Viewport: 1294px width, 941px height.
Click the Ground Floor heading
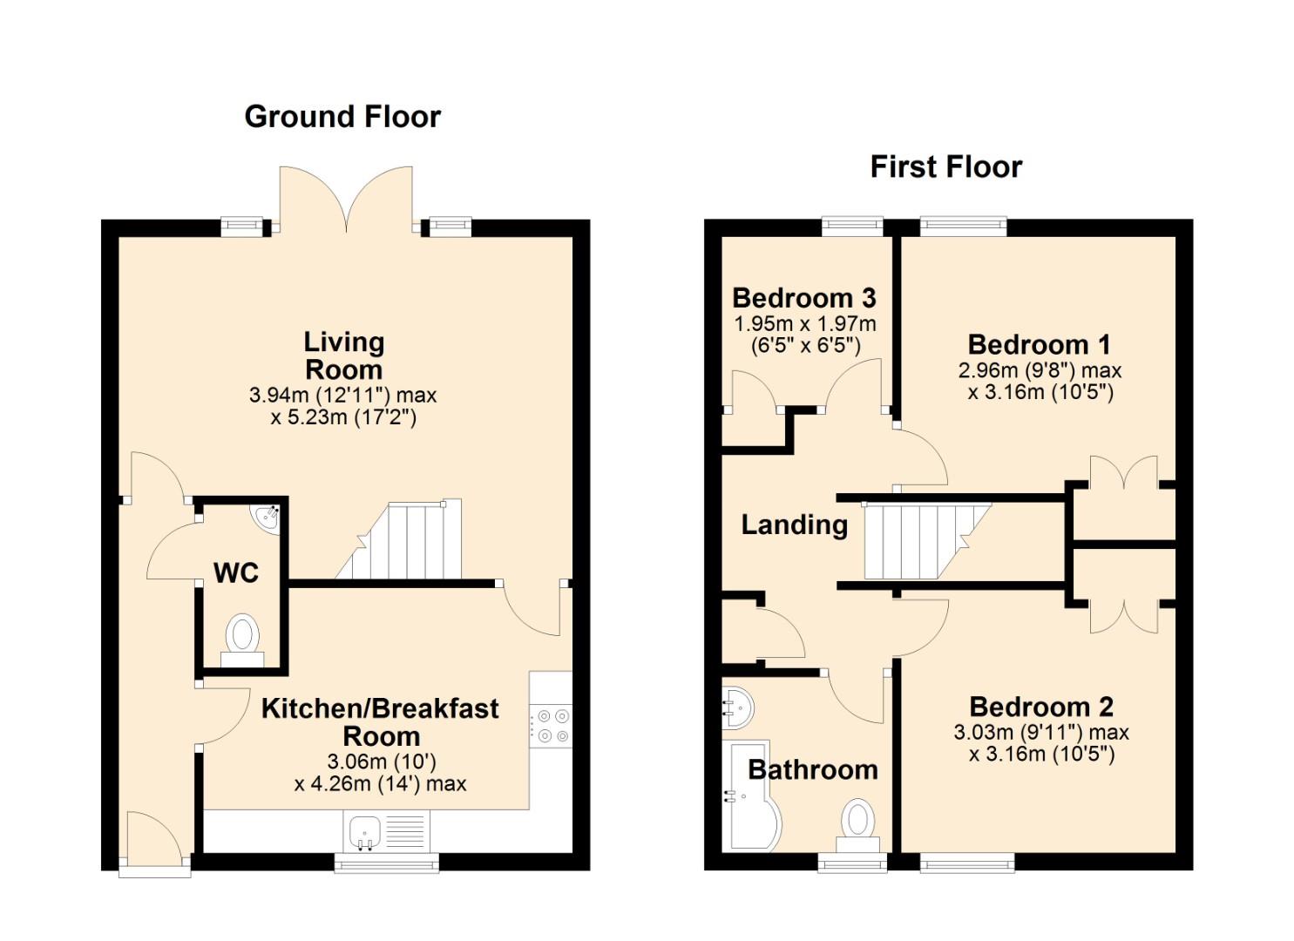coord(342,117)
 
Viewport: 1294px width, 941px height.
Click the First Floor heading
coord(946,167)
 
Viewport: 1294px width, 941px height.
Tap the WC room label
coord(236,573)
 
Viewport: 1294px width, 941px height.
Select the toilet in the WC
coord(242,641)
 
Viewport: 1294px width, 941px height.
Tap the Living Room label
coord(343,355)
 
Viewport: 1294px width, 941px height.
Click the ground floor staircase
coord(404,540)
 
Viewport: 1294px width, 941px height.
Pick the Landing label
coord(795,525)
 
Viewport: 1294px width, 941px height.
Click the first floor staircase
coord(925,541)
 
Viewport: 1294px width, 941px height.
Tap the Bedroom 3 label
coord(804,299)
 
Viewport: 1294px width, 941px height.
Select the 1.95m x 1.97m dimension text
coord(804,324)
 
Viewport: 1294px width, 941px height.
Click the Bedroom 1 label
coord(1039,345)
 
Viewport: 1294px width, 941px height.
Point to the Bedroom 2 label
coord(1041,707)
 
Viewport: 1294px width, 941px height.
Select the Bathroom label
coord(813,770)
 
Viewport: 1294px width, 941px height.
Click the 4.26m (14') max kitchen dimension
coord(380,784)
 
